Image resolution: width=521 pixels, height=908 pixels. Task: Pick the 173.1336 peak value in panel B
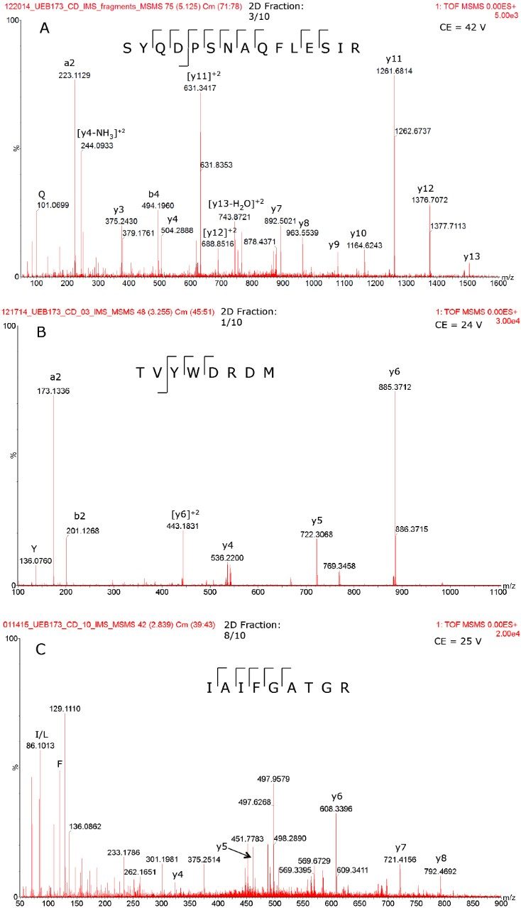coord(53,390)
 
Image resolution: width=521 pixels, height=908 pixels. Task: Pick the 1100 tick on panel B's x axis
coord(497,592)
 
